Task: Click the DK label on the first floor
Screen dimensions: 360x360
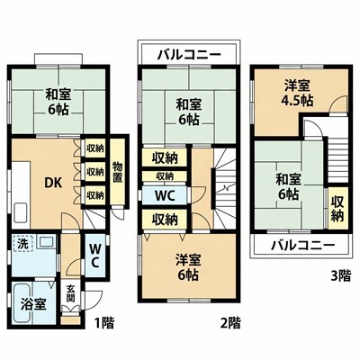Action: point(53,183)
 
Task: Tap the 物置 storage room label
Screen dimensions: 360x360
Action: point(118,172)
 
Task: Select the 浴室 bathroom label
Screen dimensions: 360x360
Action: point(33,304)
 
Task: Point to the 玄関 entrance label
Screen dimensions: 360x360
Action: point(71,294)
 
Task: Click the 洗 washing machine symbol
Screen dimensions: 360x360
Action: point(22,244)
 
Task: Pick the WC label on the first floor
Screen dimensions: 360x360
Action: point(94,256)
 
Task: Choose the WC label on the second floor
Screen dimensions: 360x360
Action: point(165,196)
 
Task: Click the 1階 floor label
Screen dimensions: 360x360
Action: point(104,323)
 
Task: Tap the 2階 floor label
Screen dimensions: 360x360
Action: point(230,323)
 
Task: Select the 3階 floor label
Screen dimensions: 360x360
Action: point(341,275)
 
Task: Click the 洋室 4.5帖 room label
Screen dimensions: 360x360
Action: point(297,94)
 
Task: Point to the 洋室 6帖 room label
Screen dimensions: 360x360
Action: point(188,266)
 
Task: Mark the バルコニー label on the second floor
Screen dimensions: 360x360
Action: point(189,55)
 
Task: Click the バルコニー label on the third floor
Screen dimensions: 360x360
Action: point(302,246)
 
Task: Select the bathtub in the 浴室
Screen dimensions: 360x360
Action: point(23,303)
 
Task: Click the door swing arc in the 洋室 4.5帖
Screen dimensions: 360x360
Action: point(338,100)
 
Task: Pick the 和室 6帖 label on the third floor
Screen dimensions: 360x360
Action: point(288,187)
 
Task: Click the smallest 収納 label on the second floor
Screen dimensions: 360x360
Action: point(165,176)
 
